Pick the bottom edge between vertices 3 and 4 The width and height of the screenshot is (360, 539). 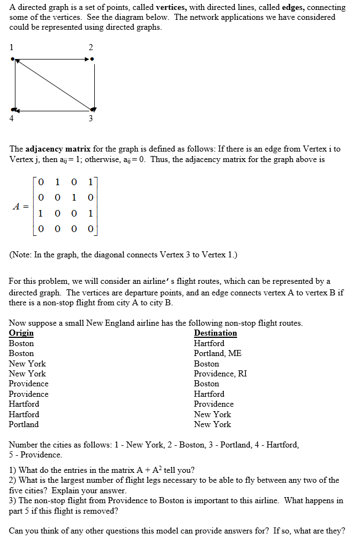(x=53, y=110)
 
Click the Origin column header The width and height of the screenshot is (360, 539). (x=21, y=333)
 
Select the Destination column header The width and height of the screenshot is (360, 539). (x=215, y=333)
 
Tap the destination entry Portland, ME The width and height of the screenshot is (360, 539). (x=217, y=353)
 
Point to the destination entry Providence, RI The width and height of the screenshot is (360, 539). (x=220, y=374)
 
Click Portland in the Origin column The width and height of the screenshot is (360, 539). (x=24, y=424)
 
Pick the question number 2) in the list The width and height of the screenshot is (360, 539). (x=13, y=480)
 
